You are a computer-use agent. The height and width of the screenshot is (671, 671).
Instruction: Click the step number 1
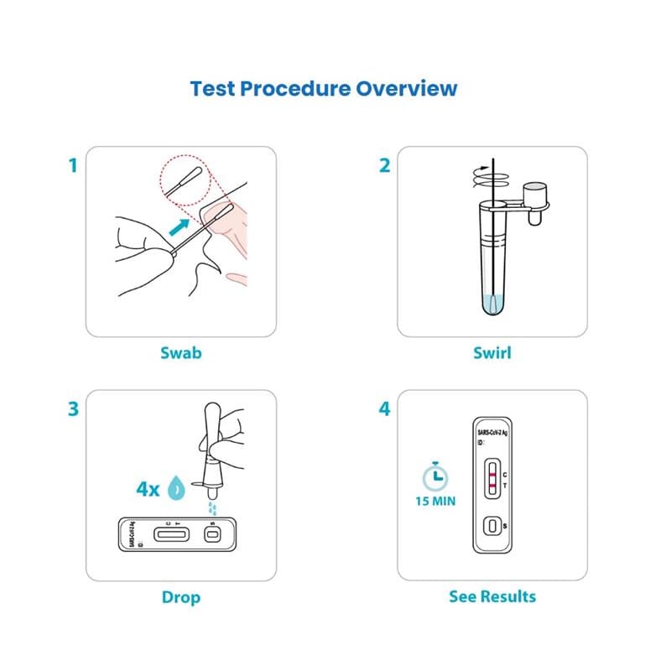[73, 165]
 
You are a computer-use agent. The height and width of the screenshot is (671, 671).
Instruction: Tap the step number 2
[385, 165]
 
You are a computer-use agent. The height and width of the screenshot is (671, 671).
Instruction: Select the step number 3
[73, 409]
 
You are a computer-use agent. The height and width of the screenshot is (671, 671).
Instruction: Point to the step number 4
[385, 409]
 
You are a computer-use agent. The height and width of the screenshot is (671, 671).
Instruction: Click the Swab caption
[181, 352]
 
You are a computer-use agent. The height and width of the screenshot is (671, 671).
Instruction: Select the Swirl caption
[492, 352]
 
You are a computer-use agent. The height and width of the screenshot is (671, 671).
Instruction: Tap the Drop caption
[181, 597]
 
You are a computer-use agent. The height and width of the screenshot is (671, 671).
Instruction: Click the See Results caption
[492, 596]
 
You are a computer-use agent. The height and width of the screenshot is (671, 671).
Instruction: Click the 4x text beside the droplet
[148, 490]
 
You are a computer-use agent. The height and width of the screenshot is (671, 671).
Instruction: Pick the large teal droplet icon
[177, 490]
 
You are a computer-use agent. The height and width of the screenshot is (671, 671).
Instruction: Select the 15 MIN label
[434, 502]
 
